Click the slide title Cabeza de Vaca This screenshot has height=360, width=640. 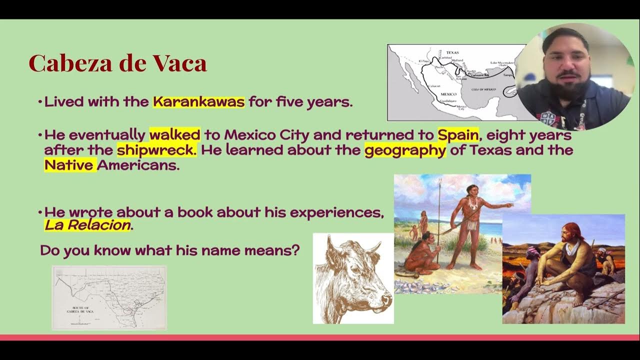point(117,63)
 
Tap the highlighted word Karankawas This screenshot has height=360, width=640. point(198,102)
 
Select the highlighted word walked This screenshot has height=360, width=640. point(174,134)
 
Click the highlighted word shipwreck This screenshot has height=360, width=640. point(157,149)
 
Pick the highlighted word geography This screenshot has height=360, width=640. point(405,149)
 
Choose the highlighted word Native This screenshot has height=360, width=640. point(69,164)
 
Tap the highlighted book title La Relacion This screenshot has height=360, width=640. point(87,225)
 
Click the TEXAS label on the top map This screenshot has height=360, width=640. point(452,52)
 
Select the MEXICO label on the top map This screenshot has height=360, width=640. point(448,94)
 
